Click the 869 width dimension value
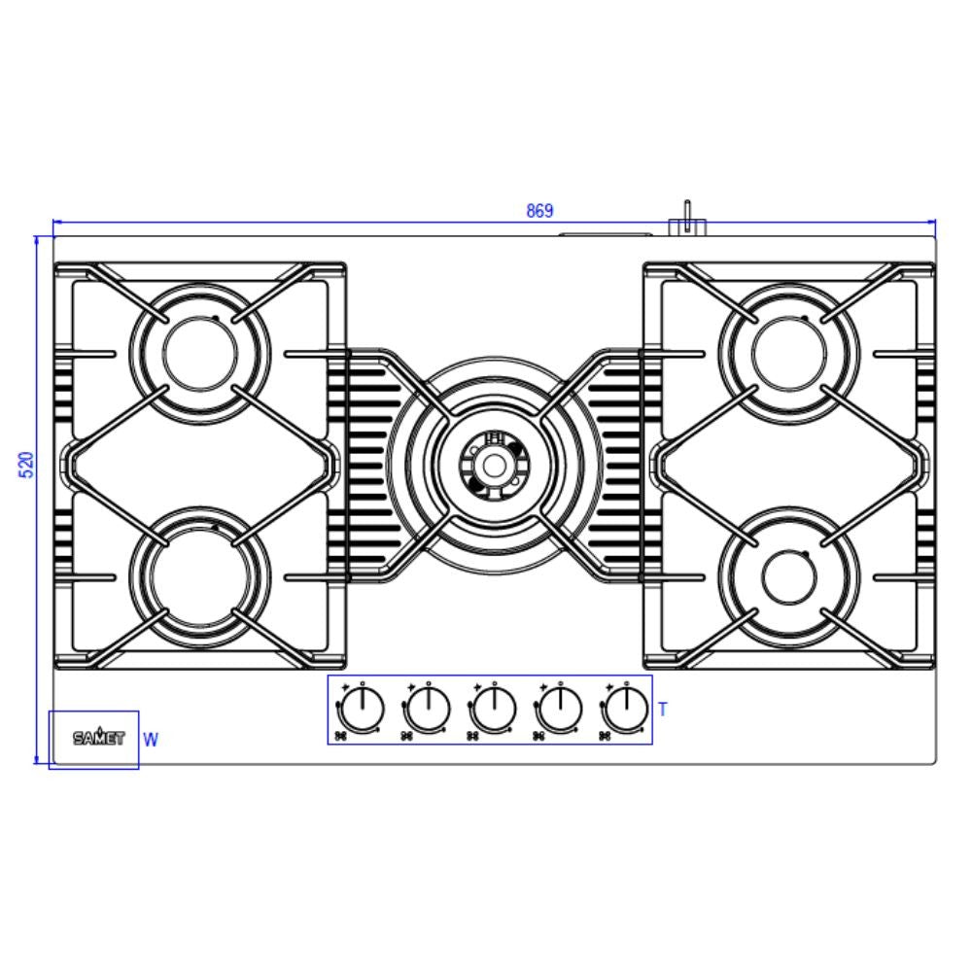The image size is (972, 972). (539, 211)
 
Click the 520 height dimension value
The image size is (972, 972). (27, 465)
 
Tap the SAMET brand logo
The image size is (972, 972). (99, 737)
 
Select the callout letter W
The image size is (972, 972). (151, 740)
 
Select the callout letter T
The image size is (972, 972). (663, 710)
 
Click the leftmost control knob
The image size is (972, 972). (363, 709)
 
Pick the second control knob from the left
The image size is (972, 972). (429, 709)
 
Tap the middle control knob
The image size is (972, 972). (494, 709)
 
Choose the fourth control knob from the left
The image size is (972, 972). (561, 709)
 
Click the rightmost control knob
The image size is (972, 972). (627, 709)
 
